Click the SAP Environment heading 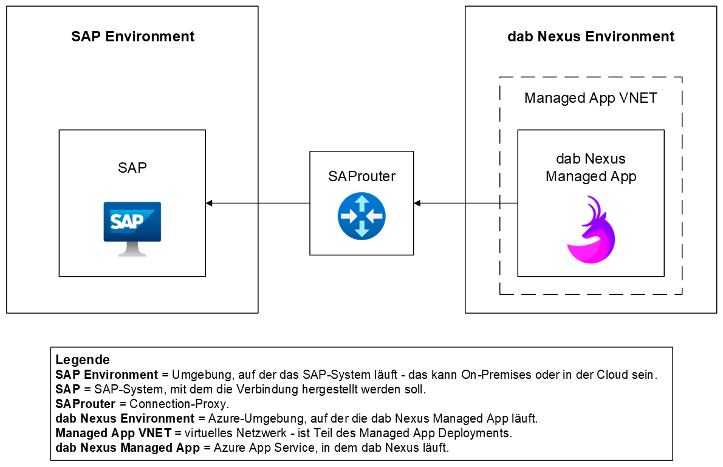coord(132,36)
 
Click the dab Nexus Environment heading coord(590,36)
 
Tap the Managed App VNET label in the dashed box coord(591,98)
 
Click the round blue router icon coord(361,215)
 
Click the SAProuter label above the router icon coord(361,177)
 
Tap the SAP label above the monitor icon coord(132,168)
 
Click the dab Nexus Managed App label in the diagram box coord(591,168)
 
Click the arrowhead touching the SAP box coord(209,203)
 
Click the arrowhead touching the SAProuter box coord(417,203)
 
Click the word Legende coord(83,359)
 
